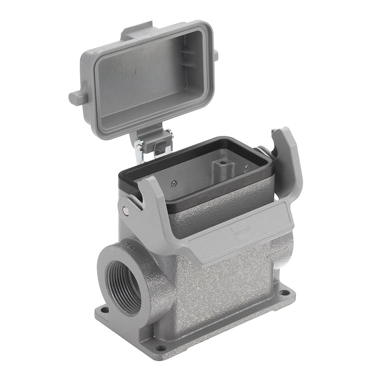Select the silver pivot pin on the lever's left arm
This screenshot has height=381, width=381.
125,211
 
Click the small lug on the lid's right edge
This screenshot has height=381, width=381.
215,55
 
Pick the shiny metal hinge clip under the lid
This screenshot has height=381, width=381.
140,149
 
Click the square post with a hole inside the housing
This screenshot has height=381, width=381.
221,167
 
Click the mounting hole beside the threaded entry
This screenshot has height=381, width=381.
104,310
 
